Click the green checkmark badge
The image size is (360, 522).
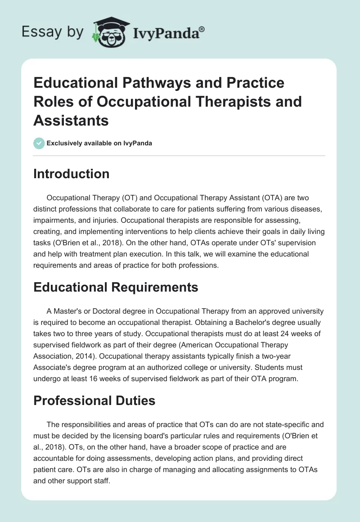click(x=39, y=143)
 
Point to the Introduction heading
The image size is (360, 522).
click(x=71, y=174)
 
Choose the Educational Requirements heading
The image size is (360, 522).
click(x=116, y=287)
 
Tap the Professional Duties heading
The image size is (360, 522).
click(x=94, y=400)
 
